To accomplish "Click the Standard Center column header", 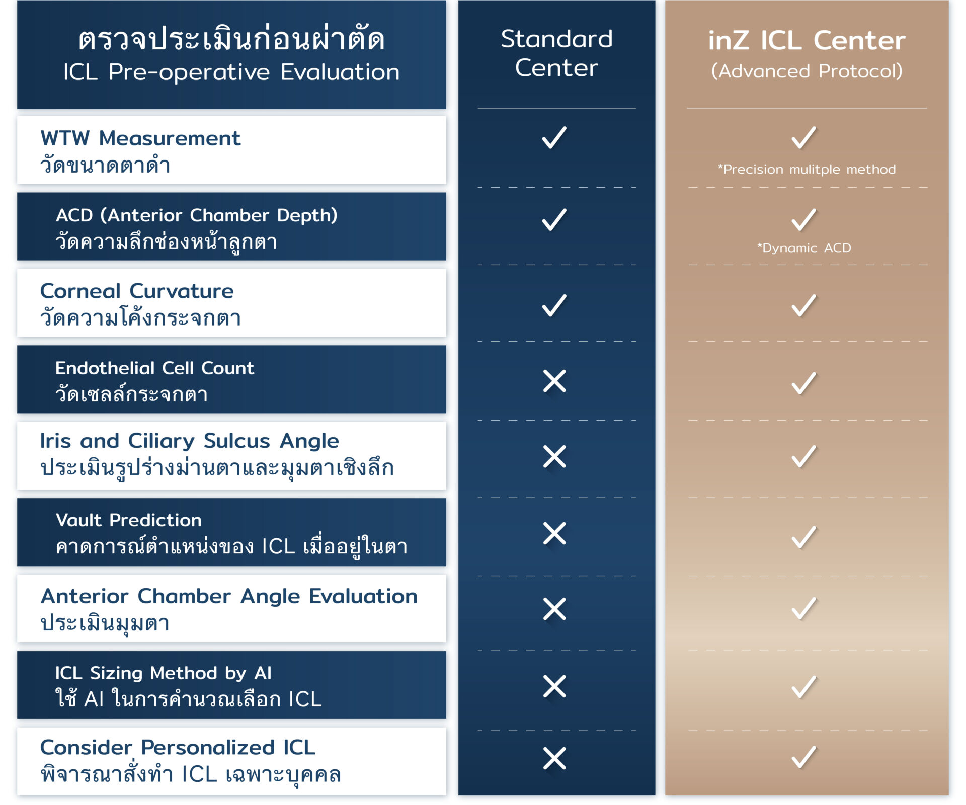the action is point(556,53).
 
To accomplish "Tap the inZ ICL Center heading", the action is point(807,40).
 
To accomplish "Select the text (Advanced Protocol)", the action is point(807,71).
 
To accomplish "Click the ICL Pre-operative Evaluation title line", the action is point(231,72).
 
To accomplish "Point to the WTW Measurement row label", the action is point(140,138).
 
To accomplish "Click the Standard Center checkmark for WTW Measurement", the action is point(554,137).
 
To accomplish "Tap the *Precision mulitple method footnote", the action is point(807,169).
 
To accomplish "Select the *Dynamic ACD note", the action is point(804,248).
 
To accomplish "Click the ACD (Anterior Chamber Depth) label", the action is point(196,215).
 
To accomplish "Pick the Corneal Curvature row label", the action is point(137,291).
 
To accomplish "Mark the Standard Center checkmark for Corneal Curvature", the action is point(554,305).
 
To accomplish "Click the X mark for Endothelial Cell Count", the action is point(554,381).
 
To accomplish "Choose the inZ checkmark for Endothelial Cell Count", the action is point(804,383).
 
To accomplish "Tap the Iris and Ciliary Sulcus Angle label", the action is point(189,441).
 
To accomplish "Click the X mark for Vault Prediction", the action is point(554,533).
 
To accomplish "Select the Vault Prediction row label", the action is point(128,520).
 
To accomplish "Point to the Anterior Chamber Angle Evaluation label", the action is point(229,597).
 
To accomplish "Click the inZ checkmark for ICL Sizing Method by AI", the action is point(804,687).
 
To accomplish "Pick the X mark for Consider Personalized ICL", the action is point(554,758).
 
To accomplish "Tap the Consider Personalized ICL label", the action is point(178,748).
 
